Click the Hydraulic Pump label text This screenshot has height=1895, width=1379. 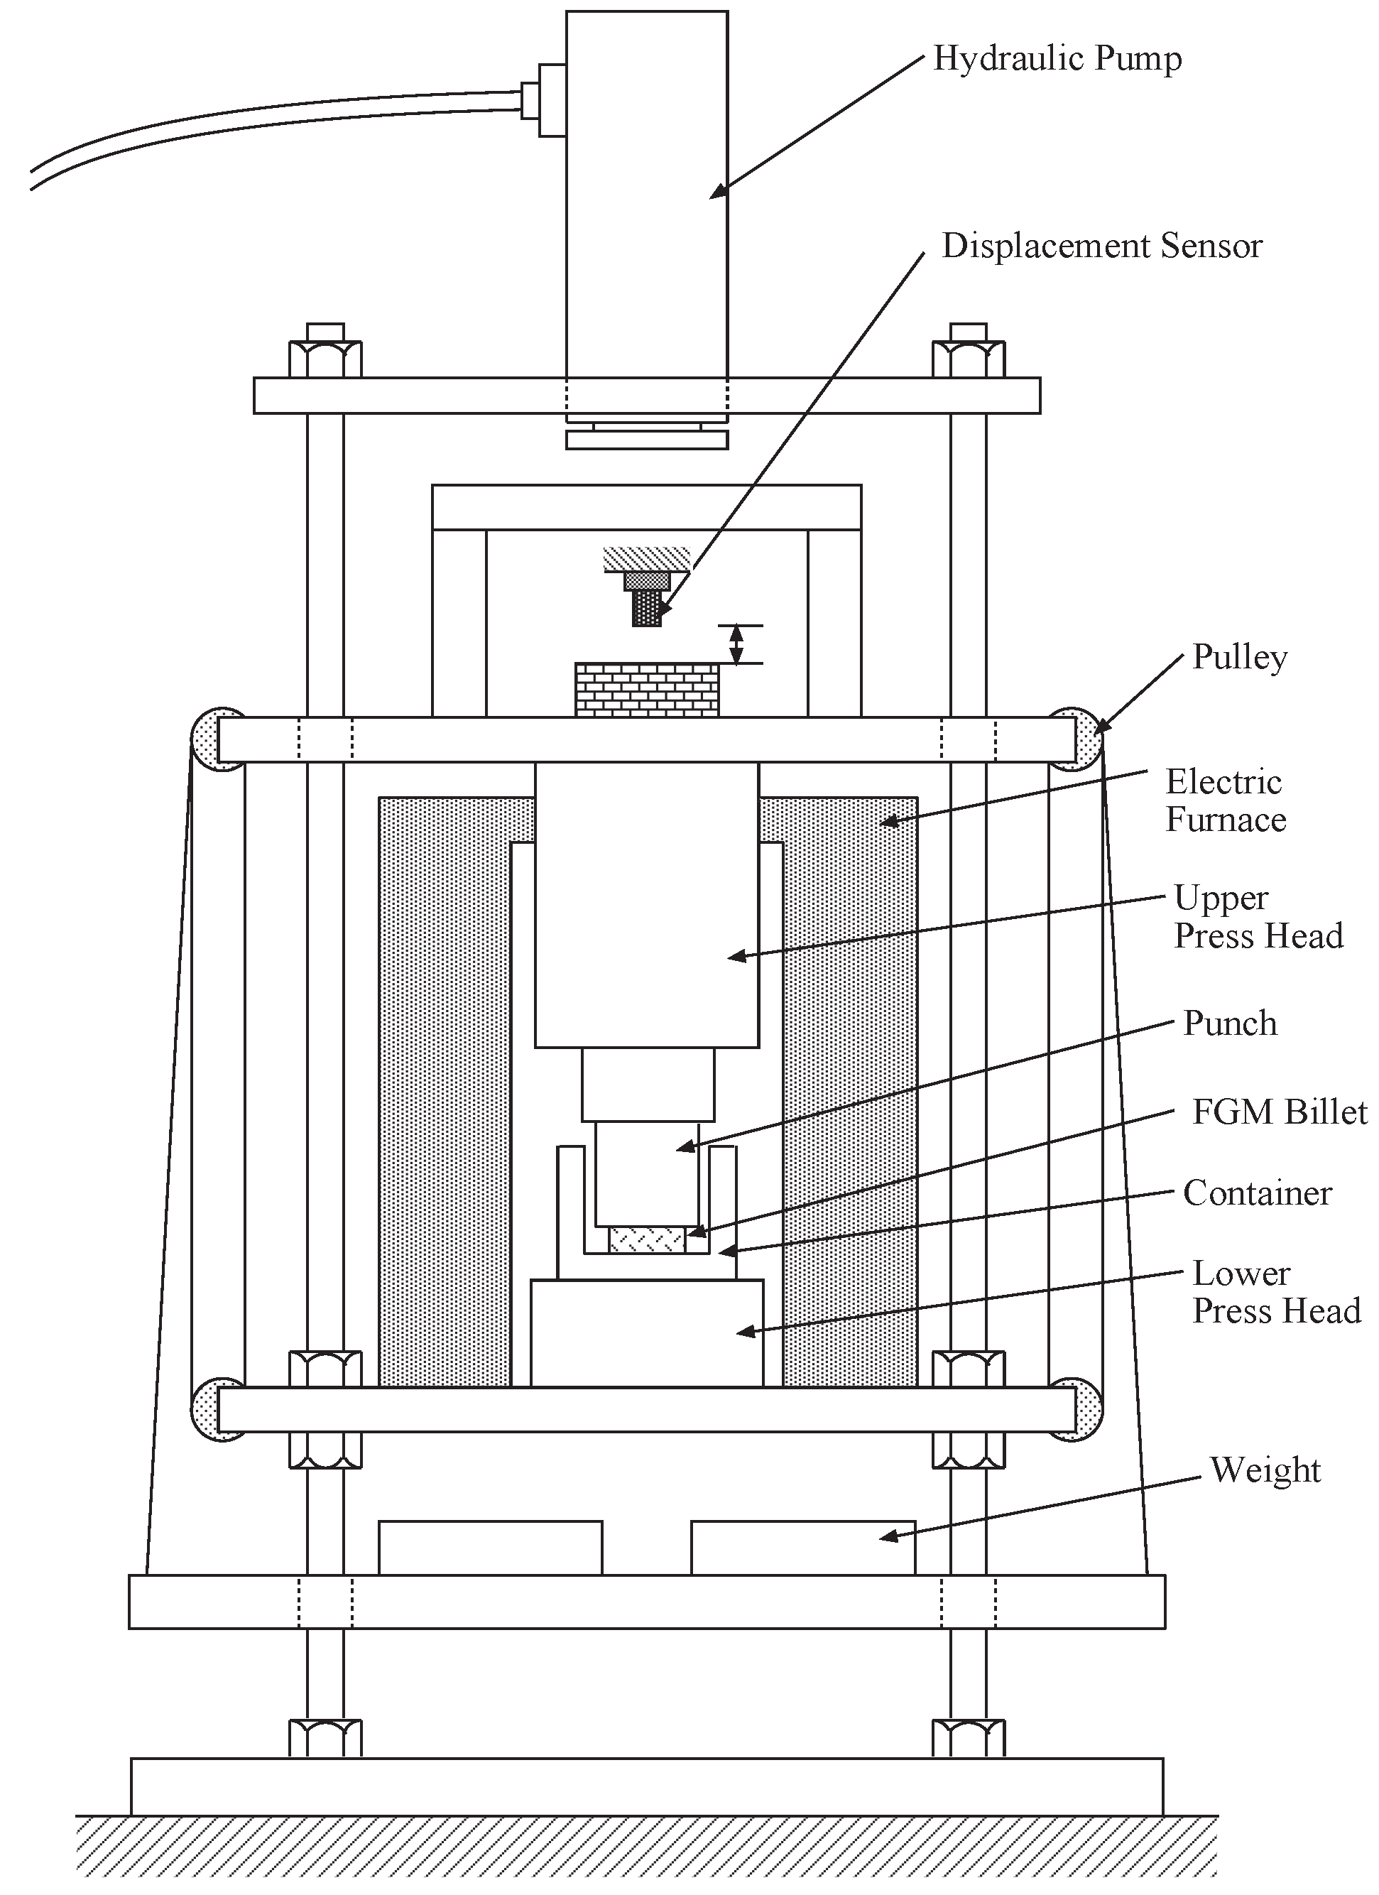[1057, 58]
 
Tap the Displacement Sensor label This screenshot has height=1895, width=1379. [1101, 246]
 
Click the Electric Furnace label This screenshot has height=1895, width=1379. [1224, 801]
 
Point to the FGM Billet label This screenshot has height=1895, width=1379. [1279, 1113]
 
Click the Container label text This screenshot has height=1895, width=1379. [1256, 1193]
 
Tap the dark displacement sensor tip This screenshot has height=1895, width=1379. [646, 607]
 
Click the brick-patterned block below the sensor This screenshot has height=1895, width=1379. [646, 690]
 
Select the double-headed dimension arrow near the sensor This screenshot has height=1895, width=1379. [736, 644]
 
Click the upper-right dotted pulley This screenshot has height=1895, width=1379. [1080, 739]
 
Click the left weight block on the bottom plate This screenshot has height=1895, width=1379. [490, 1548]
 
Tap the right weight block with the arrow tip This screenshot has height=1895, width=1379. [802, 1548]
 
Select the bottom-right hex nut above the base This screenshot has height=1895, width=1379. [968, 1737]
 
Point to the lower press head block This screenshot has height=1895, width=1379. [646, 1333]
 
